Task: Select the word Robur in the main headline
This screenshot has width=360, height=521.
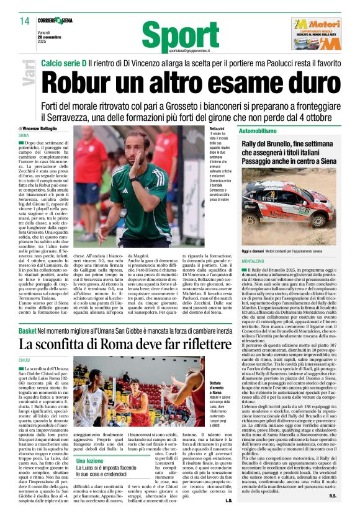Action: coord(86,83)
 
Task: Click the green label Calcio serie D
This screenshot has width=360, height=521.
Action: coord(63,64)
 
